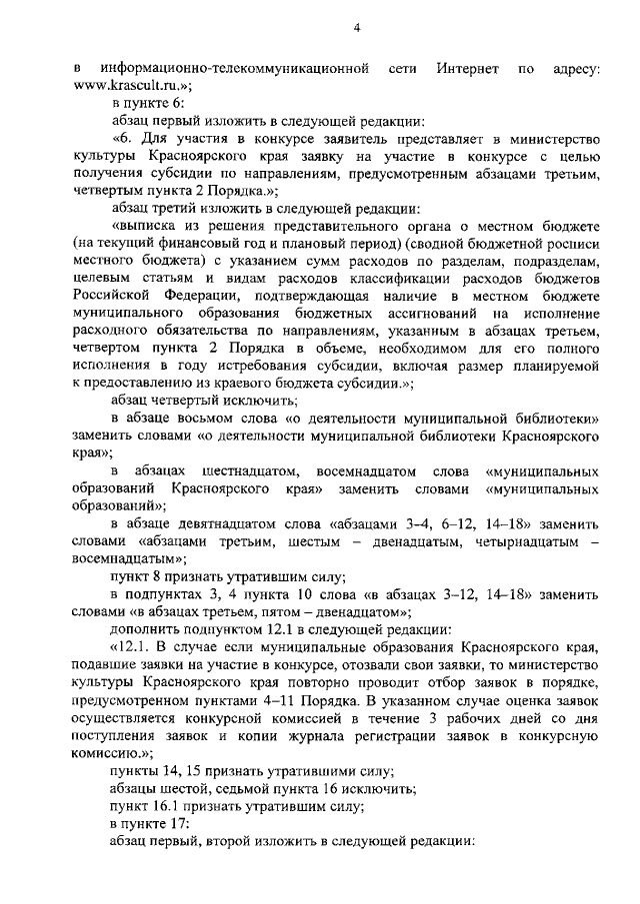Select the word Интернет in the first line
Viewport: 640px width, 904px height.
click(x=467, y=68)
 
